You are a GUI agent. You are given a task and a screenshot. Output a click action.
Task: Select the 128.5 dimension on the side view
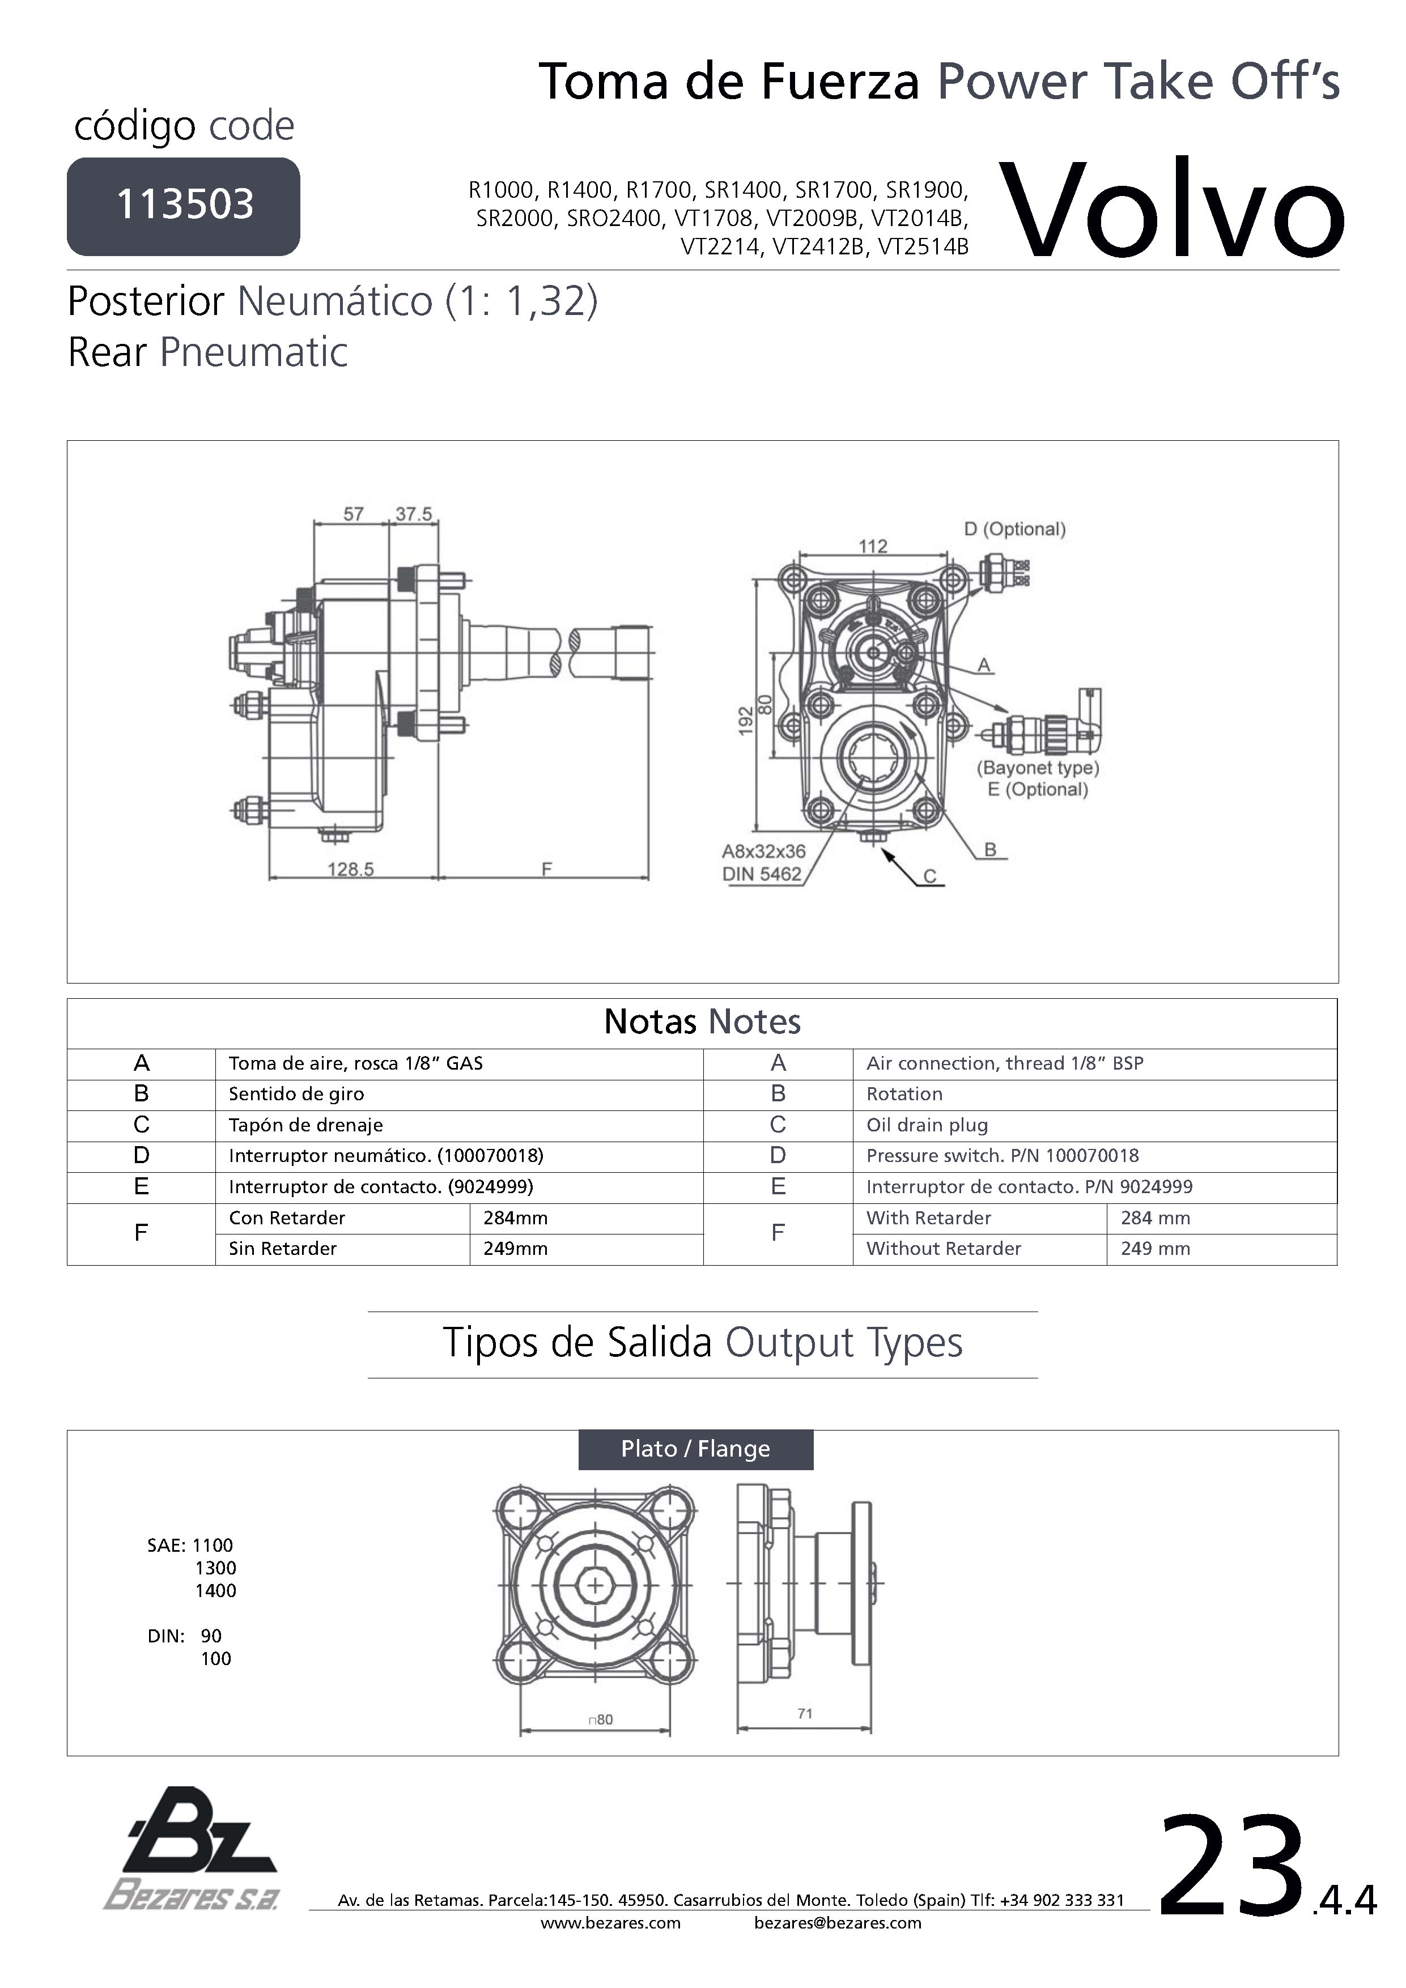coord(350,869)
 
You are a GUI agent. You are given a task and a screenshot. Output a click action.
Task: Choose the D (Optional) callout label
coord(1014,529)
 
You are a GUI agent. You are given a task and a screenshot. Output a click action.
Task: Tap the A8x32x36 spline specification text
coord(763,851)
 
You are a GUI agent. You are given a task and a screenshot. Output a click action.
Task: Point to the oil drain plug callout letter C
coord(929,876)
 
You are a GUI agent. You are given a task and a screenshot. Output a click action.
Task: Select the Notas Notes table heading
coord(702,1021)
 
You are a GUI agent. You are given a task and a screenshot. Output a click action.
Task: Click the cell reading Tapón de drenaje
coord(306,1125)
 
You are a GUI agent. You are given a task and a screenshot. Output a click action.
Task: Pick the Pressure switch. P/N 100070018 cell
coord(1003,1155)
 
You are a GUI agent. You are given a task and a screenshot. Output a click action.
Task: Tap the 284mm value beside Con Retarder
coord(516,1218)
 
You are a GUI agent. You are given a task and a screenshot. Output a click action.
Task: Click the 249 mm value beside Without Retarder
coord(1155,1249)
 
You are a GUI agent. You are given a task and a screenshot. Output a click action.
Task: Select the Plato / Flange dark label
coord(696,1449)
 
